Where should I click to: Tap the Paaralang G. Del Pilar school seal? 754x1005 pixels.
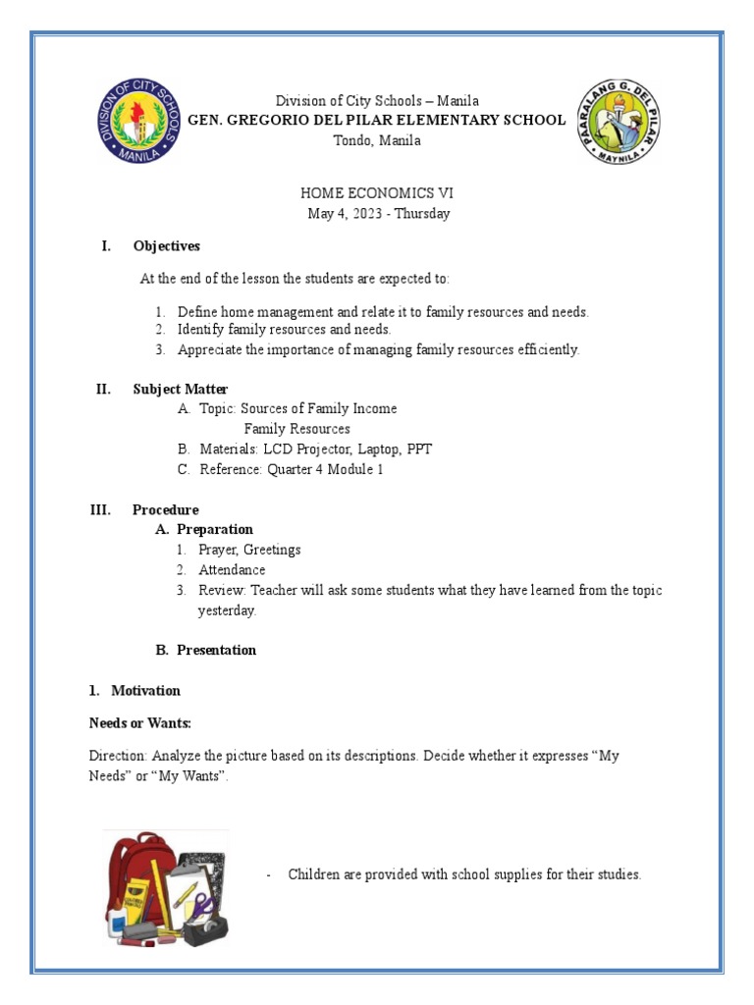pos(619,122)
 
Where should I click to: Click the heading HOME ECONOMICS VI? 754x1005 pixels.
pos(377,194)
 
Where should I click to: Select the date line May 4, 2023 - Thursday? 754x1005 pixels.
pos(377,214)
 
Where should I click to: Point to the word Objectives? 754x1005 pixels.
pos(167,246)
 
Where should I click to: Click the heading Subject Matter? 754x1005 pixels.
pos(181,390)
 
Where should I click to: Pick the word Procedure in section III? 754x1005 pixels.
pos(166,509)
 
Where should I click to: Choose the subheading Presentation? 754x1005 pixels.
pos(216,650)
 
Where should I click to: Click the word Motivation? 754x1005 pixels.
pos(145,691)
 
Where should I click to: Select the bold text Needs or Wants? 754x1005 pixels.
pos(139,723)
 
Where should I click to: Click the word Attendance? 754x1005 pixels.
pos(232,569)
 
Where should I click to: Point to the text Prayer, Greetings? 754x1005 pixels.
pos(249,550)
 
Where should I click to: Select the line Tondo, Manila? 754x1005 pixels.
pos(377,140)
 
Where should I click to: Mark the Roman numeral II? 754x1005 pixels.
pos(103,390)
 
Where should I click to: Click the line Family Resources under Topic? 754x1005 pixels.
pos(296,429)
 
